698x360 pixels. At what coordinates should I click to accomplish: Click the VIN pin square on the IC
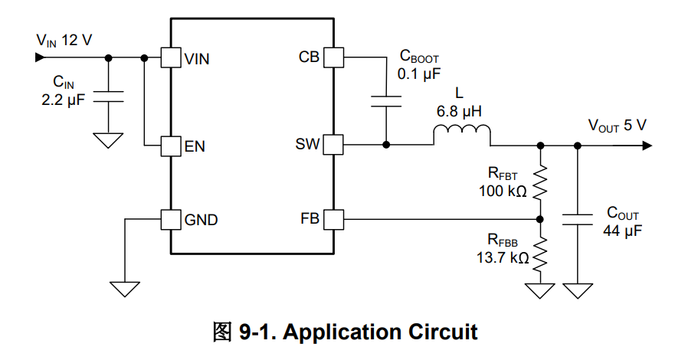(x=169, y=57)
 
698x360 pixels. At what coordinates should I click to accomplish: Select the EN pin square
(x=169, y=145)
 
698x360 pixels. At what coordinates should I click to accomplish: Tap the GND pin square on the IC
(x=169, y=220)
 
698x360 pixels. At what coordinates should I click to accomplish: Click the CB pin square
(x=333, y=57)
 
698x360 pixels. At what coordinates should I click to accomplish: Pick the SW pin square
(x=333, y=144)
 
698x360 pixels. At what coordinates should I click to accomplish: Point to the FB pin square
(x=333, y=220)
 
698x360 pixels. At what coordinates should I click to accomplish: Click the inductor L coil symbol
(x=461, y=136)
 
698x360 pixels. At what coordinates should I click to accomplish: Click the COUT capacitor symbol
(x=577, y=220)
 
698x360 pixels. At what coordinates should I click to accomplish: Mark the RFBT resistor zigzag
(x=541, y=183)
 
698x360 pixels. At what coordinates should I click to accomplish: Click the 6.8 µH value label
(x=459, y=112)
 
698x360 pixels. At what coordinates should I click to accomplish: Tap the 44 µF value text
(x=622, y=230)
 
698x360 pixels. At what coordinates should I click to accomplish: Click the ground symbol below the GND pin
(x=125, y=288)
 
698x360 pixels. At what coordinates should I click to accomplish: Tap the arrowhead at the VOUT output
(x=650, y=144)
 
